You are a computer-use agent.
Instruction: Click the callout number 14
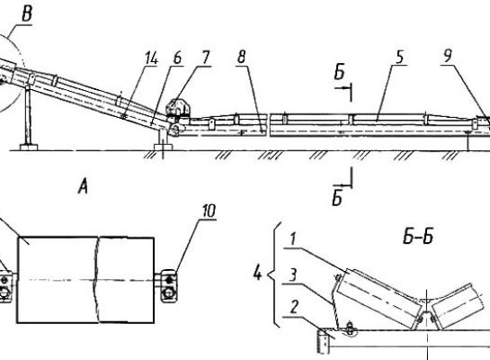coord(152,58)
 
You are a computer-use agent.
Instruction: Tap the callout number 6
coord(177,58)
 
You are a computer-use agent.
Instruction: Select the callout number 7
coord(206,58)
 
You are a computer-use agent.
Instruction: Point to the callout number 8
coord(242,57)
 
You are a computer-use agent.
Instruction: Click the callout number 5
coord(400,58)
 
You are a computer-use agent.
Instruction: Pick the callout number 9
coord(448,57)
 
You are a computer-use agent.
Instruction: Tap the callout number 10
coord(209,211)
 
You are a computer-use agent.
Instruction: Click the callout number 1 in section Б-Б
coord(293,239)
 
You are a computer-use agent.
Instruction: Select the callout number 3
coord(292,276)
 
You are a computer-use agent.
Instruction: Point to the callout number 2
coord(294,308)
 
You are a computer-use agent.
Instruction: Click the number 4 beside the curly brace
coord(257,274)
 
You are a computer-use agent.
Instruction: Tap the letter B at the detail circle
coord(27,14)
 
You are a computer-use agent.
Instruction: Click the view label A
coord(83,188)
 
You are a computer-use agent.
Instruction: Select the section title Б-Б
coord(418,238)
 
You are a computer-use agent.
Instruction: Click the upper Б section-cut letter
coord(339,72)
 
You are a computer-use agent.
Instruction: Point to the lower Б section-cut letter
coord(337,199)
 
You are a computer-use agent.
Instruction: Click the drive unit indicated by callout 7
coord(177,109)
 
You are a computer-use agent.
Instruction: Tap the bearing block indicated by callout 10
coord(169,285)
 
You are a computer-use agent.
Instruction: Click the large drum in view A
coord(85,280)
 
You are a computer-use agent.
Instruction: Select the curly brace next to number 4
coord(275,274)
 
